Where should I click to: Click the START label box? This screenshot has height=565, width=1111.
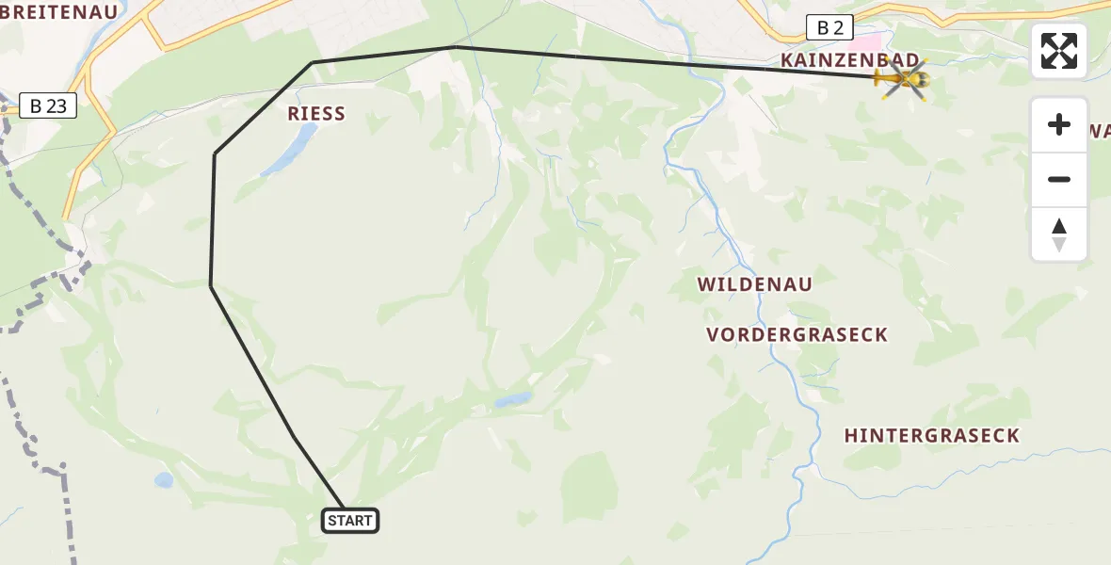pyautogui.click(x=350, y=521)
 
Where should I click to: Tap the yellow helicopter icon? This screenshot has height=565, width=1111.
pyautogui.click(x=903, y=79)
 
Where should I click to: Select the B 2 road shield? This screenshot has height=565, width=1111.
pyautogui.click(x=829, y=27)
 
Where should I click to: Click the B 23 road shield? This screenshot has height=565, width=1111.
pyautogui.click(x=48, y=105)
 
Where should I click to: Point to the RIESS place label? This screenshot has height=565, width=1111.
pyautogui.click(x=316, y=114)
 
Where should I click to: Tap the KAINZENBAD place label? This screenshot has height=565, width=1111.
pyautogui.click(x=849, y=60)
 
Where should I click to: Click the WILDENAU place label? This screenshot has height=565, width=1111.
pyautogui.click(x=754, y=283)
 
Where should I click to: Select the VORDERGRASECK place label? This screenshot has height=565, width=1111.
pyautogui.click(x=797, y=335)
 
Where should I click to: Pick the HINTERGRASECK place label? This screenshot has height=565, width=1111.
pyautogui.click(x=931, y=435)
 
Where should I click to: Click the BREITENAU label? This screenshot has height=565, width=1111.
pyautogui.click(x=58, y=12)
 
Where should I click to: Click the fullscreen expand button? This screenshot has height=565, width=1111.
pyautogui.click(x=1059, y=51)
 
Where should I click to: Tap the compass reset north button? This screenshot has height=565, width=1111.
pyautogui.click(x=1059, y=234)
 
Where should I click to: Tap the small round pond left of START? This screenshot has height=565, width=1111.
pyautogui.click(x=164, y=480)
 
